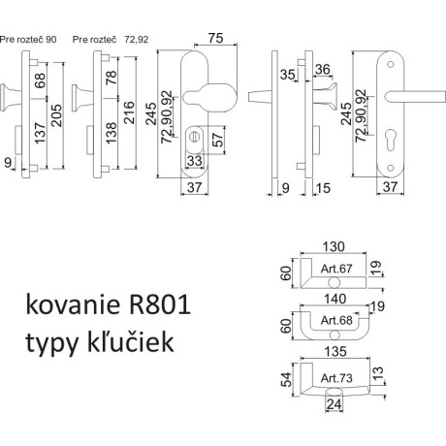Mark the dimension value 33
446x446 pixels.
pyautogui.click(x=193, y=161)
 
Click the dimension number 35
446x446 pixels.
pyautogui.click(x=288, y=73)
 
